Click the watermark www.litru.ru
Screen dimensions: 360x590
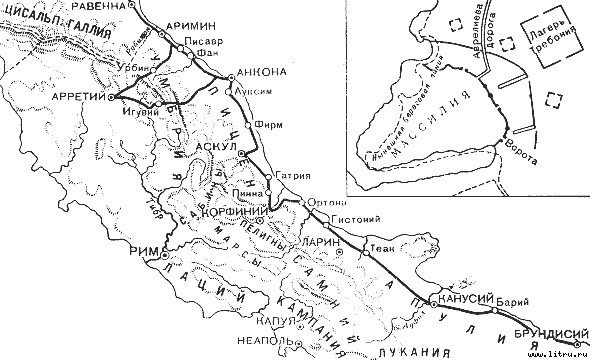coord(555,353)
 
